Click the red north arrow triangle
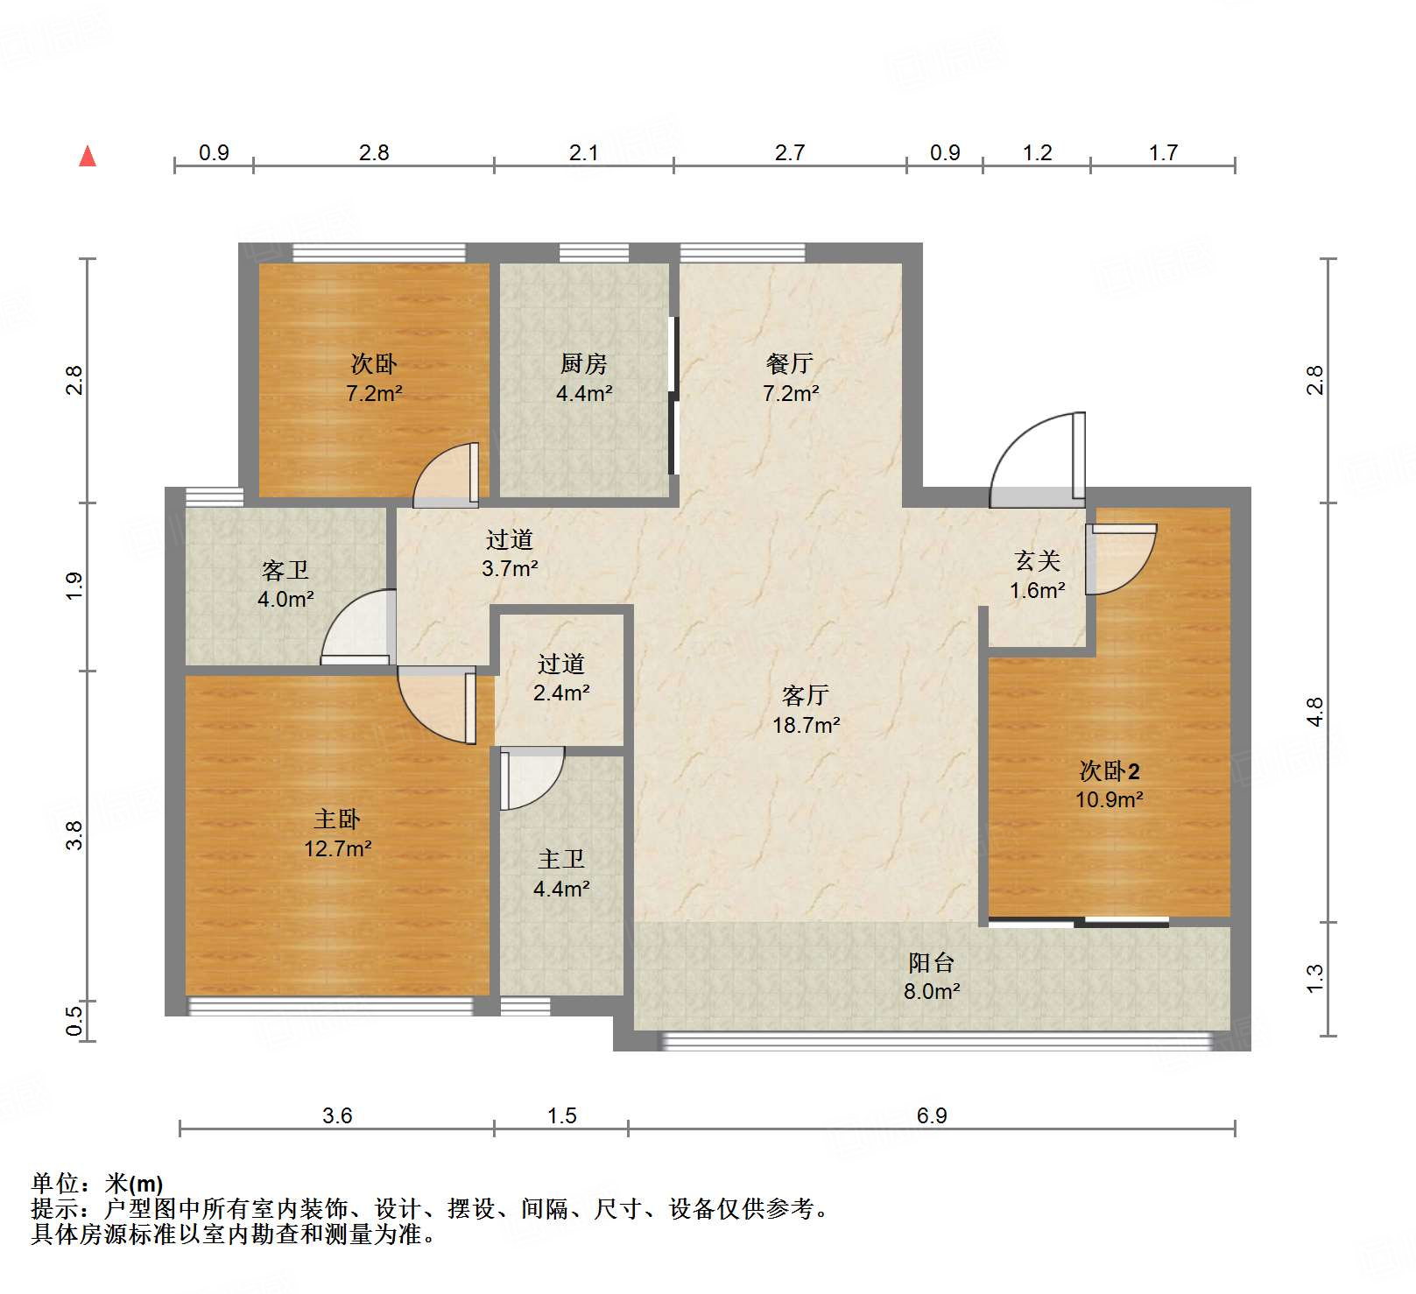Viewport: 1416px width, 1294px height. [x=88, y=157]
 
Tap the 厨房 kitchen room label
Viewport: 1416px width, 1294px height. [x=584, y=377]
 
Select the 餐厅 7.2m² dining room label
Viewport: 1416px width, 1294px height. [x=790, y=377]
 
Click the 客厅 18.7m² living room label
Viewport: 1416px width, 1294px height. [x=806, y=710]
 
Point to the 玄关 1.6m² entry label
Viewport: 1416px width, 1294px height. [x=1038, y=574]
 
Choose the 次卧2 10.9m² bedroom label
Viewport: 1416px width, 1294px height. [x=1110, y=784]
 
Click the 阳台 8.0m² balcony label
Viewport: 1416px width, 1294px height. [x=932, y=976]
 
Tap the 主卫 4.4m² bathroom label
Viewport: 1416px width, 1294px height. [x=561, y=874]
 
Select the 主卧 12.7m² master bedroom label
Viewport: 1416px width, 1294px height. [x=338, y=833]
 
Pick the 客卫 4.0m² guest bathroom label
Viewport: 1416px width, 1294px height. [x=285, y=584]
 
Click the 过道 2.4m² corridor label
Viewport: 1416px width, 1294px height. [x=561, y=678]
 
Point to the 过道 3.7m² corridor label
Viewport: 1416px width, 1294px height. [x=510, y=553]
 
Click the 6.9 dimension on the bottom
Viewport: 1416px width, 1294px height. [x=932, y=1115]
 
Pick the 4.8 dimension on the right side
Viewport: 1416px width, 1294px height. [x=1314, y=712]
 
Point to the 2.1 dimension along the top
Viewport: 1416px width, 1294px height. [x=584, y=152]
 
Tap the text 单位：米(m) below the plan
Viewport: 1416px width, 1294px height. [x=97, y=1184]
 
